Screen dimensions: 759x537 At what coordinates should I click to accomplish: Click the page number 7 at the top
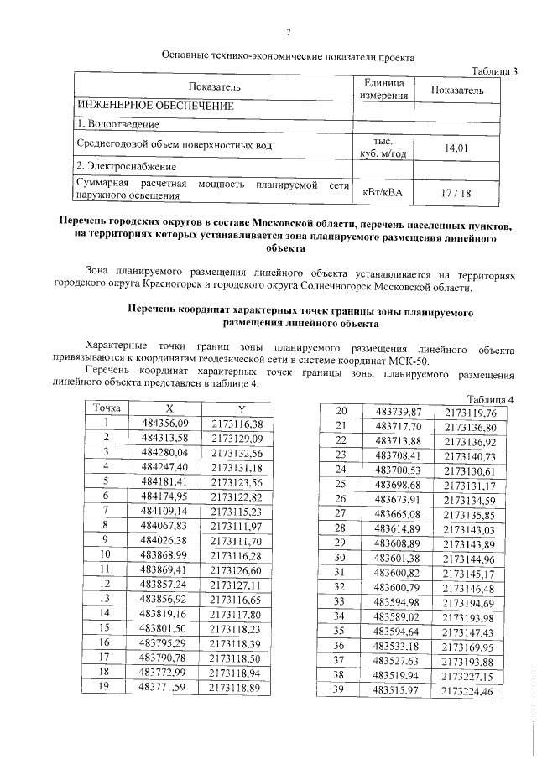[288, 32]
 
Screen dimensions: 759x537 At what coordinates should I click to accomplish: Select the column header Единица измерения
[383, 89]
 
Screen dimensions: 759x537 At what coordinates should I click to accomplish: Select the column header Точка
[107, 408]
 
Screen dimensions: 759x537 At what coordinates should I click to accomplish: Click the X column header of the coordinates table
[168, 408]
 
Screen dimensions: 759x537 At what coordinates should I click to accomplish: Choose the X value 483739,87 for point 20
[397, 411]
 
